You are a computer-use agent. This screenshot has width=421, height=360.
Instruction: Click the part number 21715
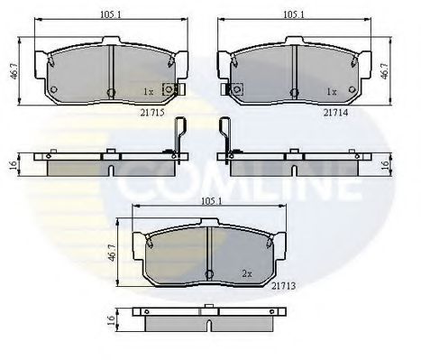click(x=152, y=113)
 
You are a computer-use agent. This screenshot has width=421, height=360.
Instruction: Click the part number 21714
click(x=335, y=113)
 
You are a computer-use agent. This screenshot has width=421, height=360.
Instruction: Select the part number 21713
click(x=283, y=286)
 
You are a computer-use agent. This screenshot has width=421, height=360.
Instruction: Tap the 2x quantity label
click(x=247, y=273)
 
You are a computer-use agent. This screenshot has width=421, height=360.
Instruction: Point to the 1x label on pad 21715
click(x=148, y=91)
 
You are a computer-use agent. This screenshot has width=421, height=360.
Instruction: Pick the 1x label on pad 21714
click(x=332, y=91)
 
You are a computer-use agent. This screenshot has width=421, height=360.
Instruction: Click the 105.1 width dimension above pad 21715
click(x=111, y=14)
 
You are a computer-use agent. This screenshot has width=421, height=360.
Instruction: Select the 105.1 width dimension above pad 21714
click(x=294, y=14)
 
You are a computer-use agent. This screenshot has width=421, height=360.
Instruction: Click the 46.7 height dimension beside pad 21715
click(x=14, y=71)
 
